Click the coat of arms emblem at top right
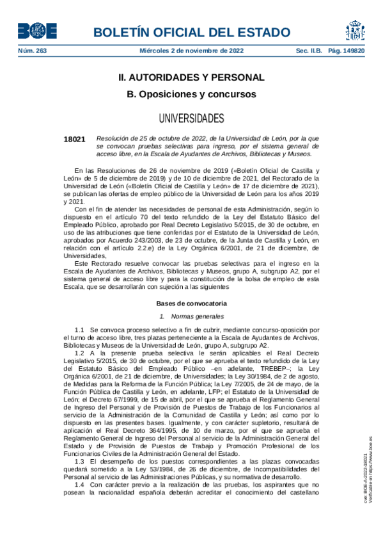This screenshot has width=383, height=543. pyautogui.click(x=356, y=29)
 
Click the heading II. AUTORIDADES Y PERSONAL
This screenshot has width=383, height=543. pyautogui.click(x=191, y=77)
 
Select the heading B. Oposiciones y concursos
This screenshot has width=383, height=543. pyautogui.click(x=191, y=94)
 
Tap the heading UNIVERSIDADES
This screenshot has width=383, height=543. pyautogui.click(x=191, y=118)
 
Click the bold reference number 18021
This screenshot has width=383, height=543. pyautogui.click(x=74, y=138)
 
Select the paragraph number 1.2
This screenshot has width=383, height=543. pyautogui.click(x=79, y=353)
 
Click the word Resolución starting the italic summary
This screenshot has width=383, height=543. pyautogui.click(x=112, y=138)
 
